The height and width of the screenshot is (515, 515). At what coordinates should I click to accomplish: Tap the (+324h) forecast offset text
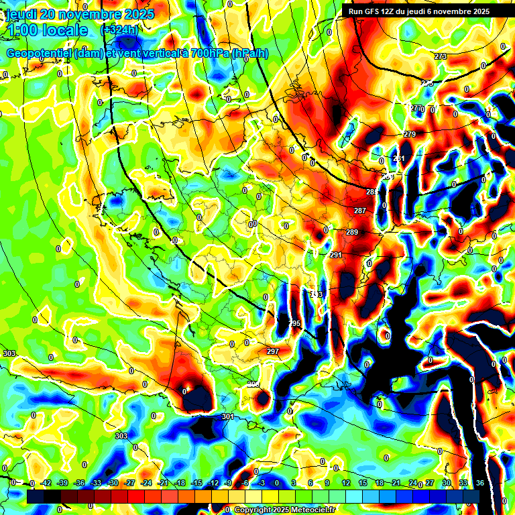click(x=119, y=30)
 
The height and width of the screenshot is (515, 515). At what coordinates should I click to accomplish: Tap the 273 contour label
click(x=441, y=56)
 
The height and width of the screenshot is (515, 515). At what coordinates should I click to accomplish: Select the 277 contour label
click(x=417, y=108)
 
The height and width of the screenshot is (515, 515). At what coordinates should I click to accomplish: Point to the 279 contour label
click(x=409, y=135)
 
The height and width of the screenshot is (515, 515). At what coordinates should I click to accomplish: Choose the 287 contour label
click(x=360, y=211)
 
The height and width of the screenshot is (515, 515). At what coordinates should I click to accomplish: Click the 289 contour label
click(x=352, y=233)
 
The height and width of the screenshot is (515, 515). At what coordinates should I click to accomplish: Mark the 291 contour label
click(x=336, y=255)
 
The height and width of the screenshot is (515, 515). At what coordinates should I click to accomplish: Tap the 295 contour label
click(x=294, y=323)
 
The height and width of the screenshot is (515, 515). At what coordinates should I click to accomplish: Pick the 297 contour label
click(x=272, y=351)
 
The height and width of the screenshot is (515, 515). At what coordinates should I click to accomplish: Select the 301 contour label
click(x=227, y=416)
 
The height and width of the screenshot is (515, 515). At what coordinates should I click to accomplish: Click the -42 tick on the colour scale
click(x=46, y=483)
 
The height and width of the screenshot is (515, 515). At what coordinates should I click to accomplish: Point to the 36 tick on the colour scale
click(x=479, y=483)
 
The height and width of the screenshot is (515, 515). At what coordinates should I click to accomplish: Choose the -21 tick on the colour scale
click(x=163, y=483)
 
